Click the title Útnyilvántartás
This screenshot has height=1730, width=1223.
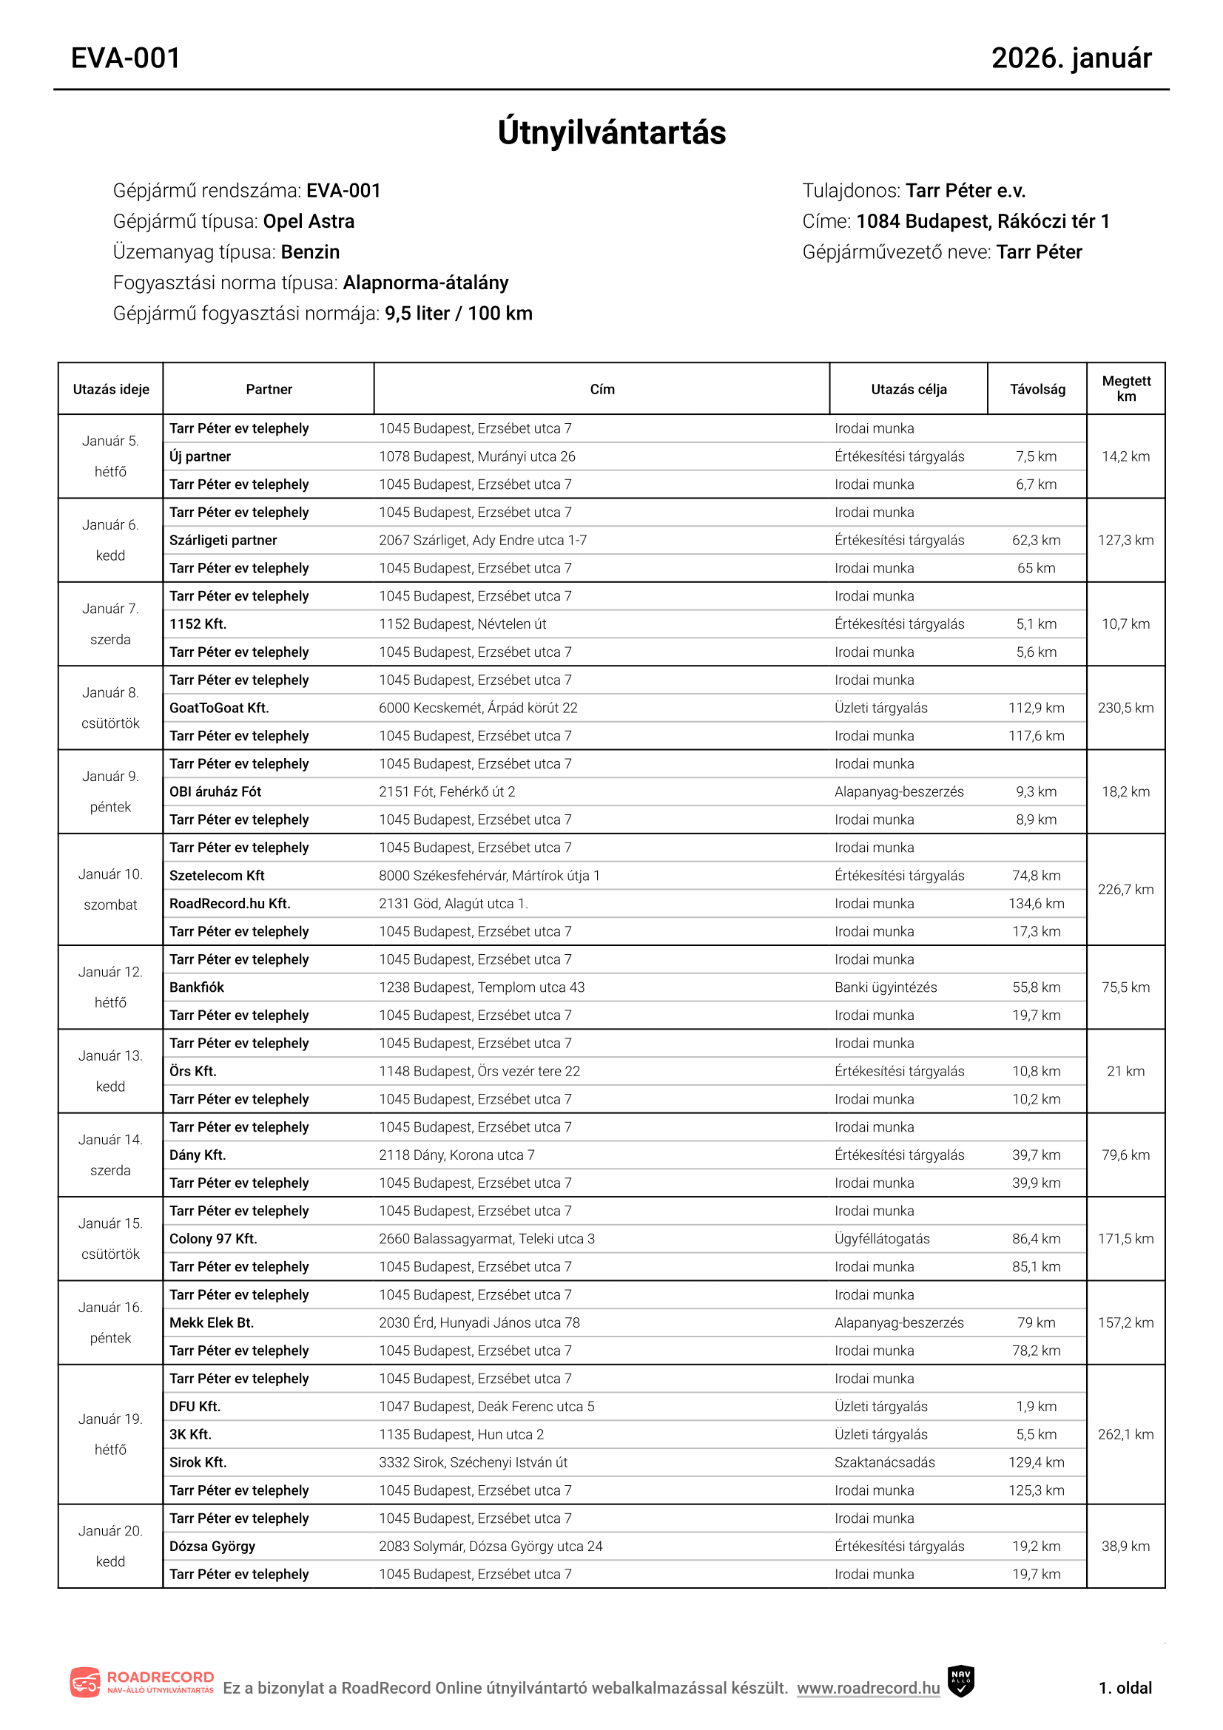(611, 132)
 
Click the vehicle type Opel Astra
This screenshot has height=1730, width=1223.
(309, 222)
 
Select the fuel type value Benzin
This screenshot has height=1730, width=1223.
(311, 252)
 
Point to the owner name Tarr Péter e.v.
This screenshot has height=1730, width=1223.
(966, 191)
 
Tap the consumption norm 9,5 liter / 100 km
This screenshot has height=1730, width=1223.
(458, 314)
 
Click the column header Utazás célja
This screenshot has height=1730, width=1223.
(908, 390)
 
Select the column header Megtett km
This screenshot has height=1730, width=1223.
(1126, 389)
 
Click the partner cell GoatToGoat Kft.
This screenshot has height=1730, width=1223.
(219, 708)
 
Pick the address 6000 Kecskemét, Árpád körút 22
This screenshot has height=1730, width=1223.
(478, 708)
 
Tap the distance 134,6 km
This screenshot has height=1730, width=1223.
(1036, 903)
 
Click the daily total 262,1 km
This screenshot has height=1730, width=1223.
(1125, 1434)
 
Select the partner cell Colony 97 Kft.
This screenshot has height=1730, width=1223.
(213, 1239)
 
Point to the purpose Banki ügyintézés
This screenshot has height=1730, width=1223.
(886, 987)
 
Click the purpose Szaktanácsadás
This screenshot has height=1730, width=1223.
(885, 1462)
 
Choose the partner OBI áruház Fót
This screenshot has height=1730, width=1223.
(215, 791)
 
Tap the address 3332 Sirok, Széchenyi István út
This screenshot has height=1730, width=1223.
(474, 1462)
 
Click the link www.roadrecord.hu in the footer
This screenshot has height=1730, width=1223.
(868, 1688)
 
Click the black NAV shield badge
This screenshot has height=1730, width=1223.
(960, 1681)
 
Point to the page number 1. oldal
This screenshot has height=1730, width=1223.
(1125, 1688)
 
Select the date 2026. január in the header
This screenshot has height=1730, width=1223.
(1071, 58)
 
